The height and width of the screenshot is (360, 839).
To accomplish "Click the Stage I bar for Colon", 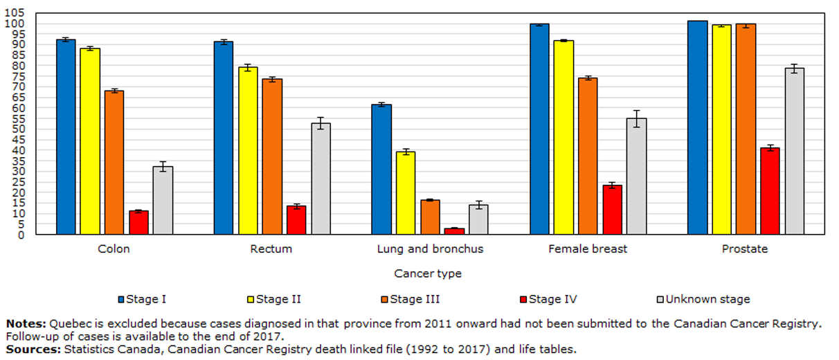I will click(x=66, y=137).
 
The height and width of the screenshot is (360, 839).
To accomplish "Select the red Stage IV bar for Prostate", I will click(x=770, y=191).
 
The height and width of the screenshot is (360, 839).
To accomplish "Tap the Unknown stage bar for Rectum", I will click(x=321, y=179).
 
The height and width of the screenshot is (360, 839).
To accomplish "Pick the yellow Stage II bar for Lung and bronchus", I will click(x=406, y=193).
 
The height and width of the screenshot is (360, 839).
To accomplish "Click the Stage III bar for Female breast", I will click(x=588, y=156).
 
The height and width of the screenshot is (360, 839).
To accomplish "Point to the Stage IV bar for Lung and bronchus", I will click(x=454, y=231).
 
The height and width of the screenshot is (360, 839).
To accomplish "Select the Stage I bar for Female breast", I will click(x=539, y=129).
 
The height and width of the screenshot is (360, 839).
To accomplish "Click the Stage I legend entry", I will click(x=142, y=299).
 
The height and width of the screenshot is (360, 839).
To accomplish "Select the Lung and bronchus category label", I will click(x=430, y=249).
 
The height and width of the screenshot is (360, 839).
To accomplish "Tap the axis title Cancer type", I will click(x=428, y=273).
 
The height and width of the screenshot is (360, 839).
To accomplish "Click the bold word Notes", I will click(x=26, y=323).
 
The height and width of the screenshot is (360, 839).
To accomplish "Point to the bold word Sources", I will click(x=33, y=349).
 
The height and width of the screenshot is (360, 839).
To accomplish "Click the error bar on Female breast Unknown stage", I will click(x=636, y=118).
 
